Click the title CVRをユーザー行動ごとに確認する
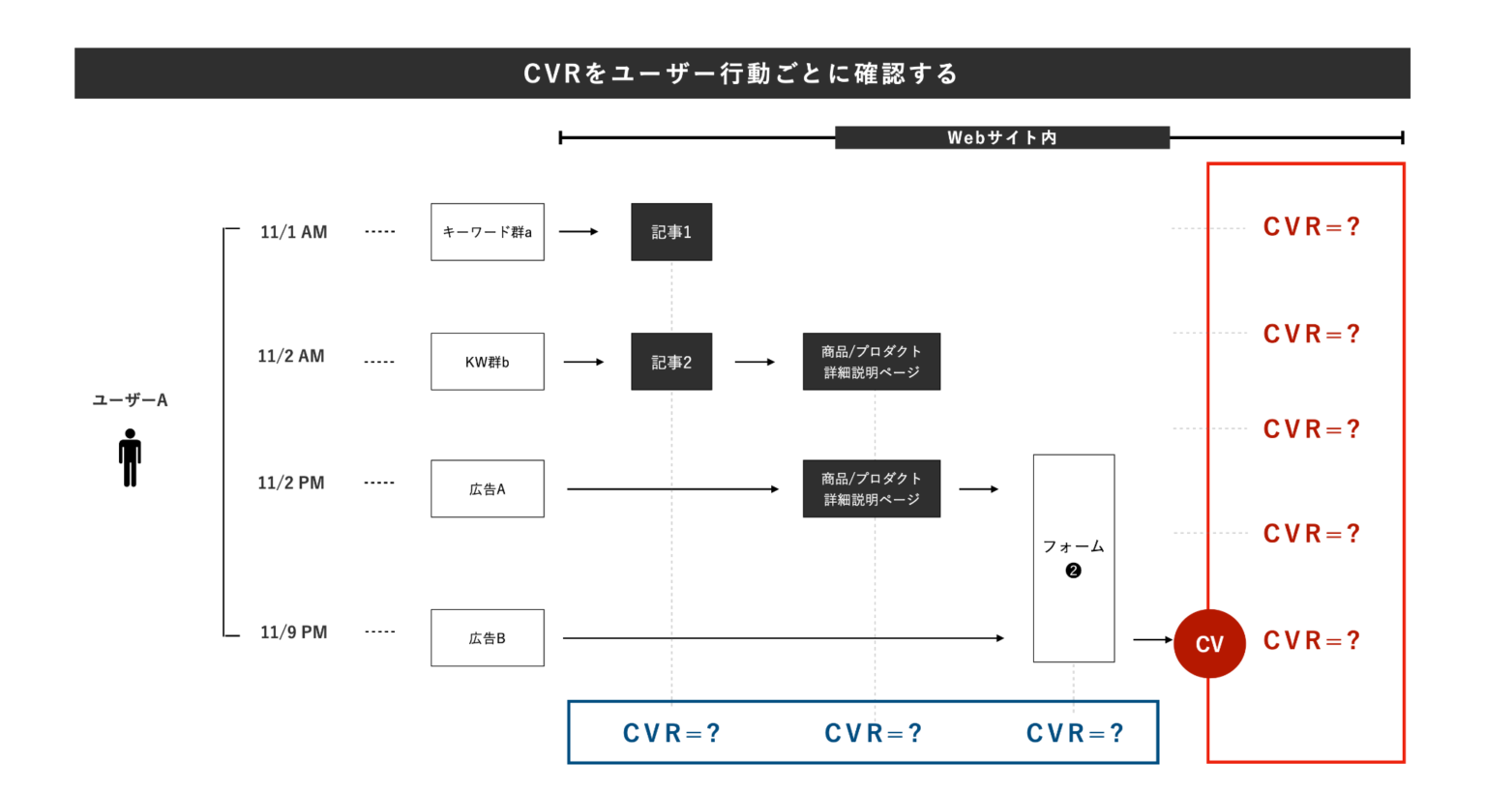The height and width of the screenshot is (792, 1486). (741, 73)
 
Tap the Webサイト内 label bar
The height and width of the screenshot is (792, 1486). (1001, 137)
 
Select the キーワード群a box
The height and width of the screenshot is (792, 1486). (487, 232)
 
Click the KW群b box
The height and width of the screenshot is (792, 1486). (487, 362)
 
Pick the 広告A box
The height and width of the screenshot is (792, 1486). (487, 489)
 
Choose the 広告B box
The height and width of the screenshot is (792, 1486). (487, 638)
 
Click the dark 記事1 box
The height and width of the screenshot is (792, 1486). (671, 232)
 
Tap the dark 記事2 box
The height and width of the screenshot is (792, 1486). (671, 362)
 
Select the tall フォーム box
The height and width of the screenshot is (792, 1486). (1073, 558)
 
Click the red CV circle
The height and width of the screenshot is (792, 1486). (1209, 644)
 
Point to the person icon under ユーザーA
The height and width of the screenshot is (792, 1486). (130, 457)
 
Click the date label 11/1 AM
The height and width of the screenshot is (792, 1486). (293, 232)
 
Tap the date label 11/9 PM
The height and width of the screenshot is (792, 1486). (293, 632)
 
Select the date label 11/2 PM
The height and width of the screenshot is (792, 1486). (290, 483)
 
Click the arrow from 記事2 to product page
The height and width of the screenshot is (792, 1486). (755, 362)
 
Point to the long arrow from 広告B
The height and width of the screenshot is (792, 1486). (784, 638)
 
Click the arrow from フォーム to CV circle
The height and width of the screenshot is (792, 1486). (1152, 639)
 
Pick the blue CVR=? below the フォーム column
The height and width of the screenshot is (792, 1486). (1074, 733)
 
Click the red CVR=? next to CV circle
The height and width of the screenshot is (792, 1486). (1311, 640)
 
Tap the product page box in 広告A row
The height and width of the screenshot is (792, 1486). (871, 489)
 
